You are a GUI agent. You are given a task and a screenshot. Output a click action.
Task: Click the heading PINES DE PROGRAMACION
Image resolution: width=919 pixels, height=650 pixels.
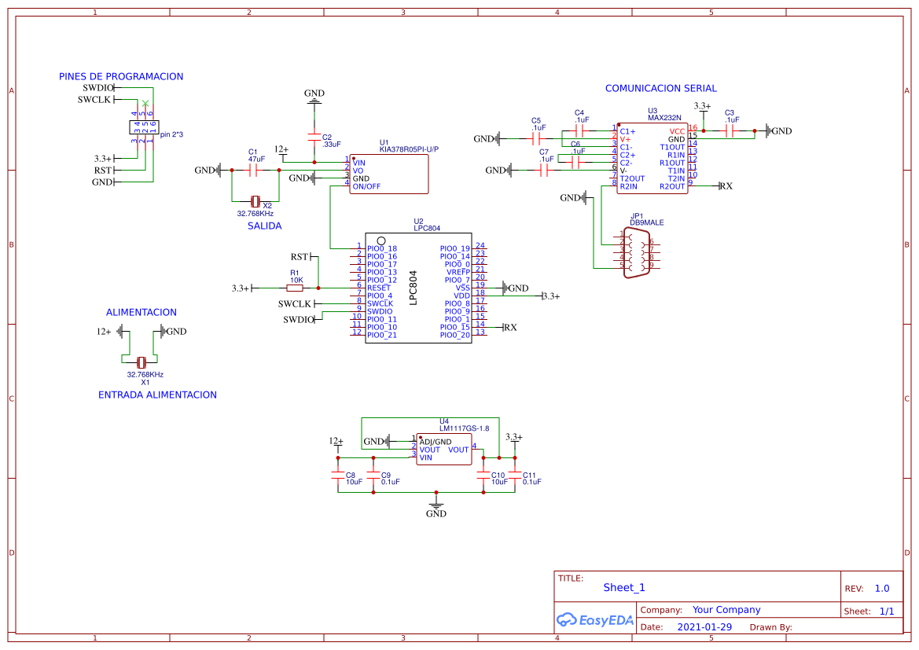(x=121, y=77)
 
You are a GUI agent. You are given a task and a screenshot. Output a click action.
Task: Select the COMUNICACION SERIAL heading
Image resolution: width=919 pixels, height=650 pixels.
(x=660, y=89)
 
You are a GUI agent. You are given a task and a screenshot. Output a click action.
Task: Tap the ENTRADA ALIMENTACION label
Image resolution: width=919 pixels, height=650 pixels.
(x=157, y=395)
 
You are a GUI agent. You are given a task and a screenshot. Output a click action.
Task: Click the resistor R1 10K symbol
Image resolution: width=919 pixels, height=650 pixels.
(x=296, y=288)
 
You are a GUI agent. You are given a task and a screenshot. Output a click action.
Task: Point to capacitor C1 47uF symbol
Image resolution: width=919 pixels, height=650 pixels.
(x=254, y=170)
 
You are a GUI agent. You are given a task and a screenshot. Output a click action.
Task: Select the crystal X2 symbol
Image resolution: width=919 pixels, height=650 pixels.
(x=255, y=202)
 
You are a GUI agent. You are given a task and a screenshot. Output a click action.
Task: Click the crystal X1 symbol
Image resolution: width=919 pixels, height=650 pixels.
(x=142, y=362)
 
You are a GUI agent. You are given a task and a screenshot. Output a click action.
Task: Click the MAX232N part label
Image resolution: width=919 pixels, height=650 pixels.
(x=664, y=118)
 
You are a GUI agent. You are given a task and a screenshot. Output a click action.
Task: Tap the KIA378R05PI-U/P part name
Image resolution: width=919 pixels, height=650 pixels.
(x=409, y=149)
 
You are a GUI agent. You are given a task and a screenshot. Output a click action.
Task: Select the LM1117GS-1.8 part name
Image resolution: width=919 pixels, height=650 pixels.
(x=464, y=428)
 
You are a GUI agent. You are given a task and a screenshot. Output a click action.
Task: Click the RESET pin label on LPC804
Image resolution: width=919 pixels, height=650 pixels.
(x=379, y=288)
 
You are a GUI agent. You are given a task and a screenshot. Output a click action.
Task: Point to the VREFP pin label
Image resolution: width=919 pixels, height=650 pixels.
(x=458, y=272)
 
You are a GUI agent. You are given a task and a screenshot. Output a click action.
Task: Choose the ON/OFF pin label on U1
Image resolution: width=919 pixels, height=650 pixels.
(x=366, y=186)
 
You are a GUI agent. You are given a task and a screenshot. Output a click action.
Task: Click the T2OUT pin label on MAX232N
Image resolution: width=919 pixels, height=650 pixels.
(x=632, y=178)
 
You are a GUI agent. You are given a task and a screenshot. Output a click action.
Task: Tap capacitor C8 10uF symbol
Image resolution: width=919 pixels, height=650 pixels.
(x=338, y=476)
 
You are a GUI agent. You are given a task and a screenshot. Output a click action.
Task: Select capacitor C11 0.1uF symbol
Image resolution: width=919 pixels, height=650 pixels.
(x=516, y=476)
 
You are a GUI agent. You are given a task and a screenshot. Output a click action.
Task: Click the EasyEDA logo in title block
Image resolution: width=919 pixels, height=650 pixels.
(x=594, y=620)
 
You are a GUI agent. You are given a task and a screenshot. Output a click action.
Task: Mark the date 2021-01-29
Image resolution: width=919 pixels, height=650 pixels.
(x=704, y=627)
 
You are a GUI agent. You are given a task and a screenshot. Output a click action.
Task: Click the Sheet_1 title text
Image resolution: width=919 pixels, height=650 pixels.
(x=624, y=587)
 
